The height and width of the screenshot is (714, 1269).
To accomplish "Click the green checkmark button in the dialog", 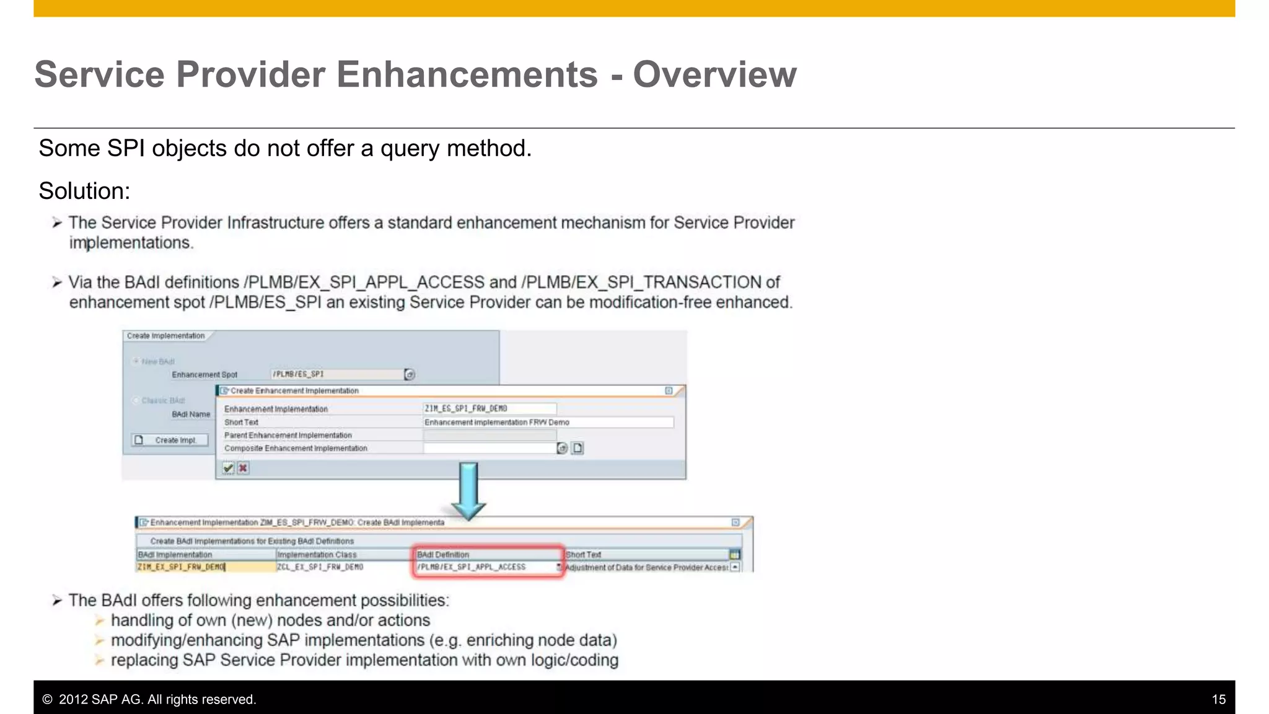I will coord(229,468).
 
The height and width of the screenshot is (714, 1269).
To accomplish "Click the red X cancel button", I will coord(244,468).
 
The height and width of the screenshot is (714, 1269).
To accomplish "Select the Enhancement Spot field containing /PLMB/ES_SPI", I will coord(338,374).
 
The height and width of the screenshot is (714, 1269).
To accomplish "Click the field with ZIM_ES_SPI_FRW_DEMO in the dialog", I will coord(490,408).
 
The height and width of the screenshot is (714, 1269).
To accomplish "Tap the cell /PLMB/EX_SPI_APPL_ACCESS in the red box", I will coord(486,567).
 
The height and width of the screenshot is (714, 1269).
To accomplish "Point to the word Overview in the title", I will coord(714,74).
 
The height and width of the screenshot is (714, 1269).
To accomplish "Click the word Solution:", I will coord(84,191).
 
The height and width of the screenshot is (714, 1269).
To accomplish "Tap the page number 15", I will coord(1218,700).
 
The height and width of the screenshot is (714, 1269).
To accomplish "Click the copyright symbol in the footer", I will coord(47,700).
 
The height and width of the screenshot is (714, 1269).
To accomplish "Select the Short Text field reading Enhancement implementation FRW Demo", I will coord(548,422).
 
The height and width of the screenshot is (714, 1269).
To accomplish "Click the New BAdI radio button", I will coord(136,361).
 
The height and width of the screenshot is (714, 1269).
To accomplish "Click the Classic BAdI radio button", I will coord(136,400).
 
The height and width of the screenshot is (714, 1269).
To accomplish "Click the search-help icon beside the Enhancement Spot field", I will coord(410,374).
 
